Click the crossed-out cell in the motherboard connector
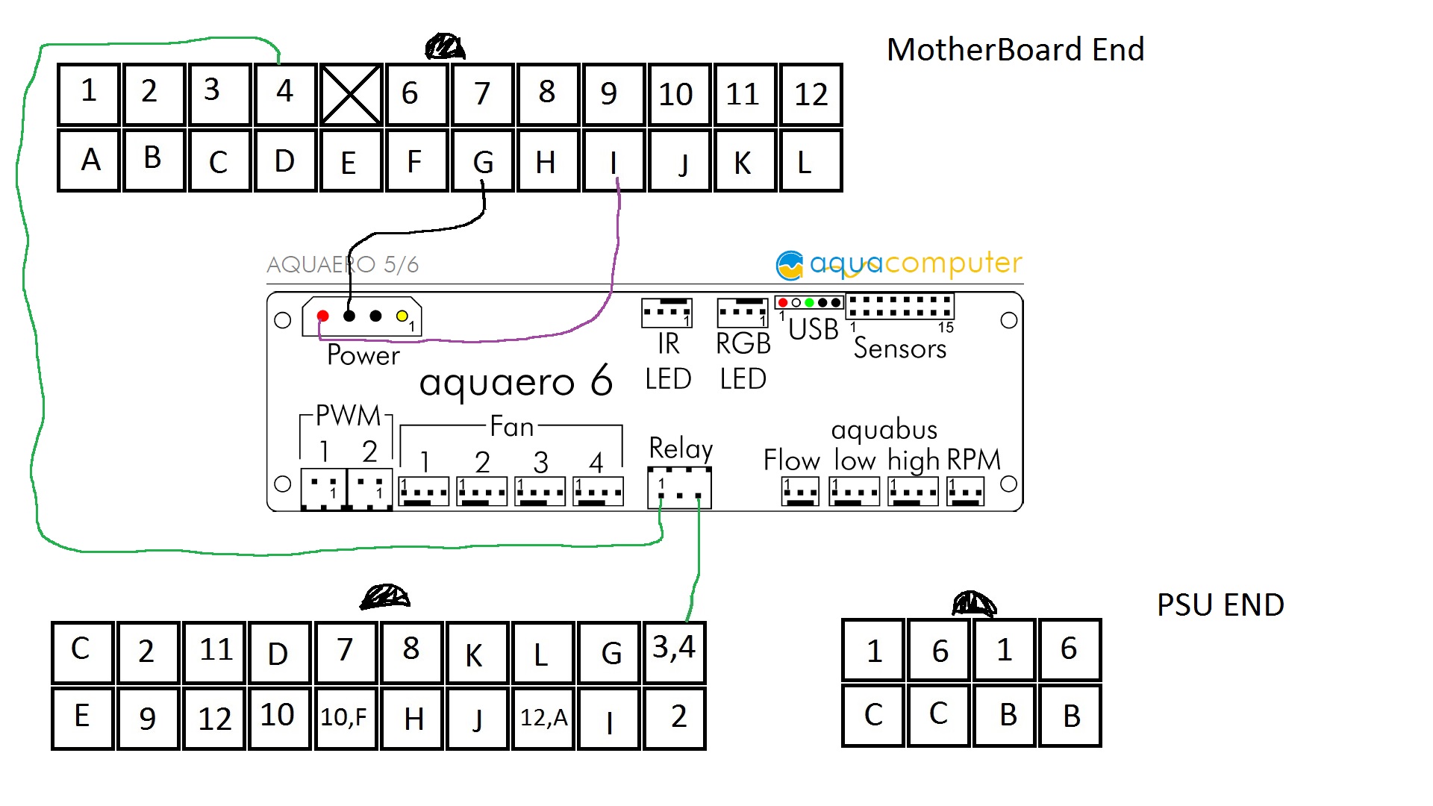(x=351, y=95)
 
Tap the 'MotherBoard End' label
(x=1015, y=50)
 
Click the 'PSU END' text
(x=1220, y=604)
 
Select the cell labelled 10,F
(x=344, y=717)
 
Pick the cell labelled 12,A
(x=543, y=717)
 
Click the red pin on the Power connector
(x=323, y=316)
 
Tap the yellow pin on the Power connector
(x=402, y=316)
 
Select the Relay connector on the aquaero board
(x=679, y=488)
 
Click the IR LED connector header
(x=666, y=313)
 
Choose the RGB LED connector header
(x=742, y=313)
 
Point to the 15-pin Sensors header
(x=899, y=306)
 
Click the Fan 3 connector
(x=540, y=492)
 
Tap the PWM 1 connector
(x=323, y=490)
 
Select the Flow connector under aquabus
(x=800, y=492)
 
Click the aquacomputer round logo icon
(x=790, y=264)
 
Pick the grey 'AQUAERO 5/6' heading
(x=343, y=264)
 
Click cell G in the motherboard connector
(x=483, y=161)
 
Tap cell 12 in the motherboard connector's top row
(x=811, y=95)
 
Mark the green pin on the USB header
(x=809, y=302)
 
